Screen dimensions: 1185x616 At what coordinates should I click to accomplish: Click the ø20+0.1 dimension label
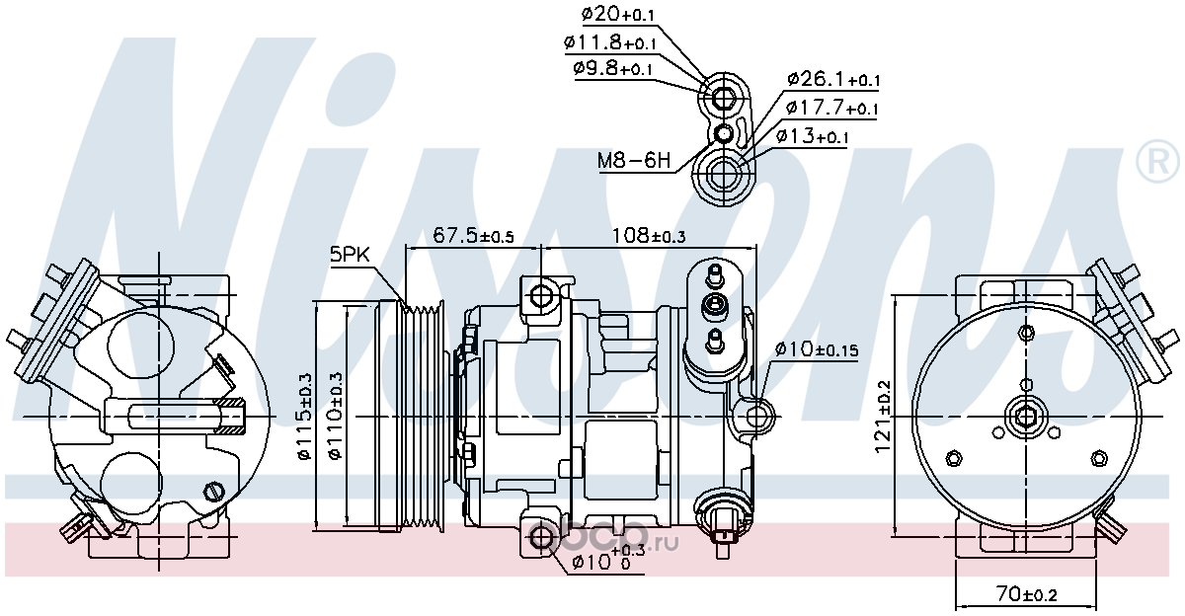pos(617,14)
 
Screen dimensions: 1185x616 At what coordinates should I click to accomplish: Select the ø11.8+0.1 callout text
pos(609,42)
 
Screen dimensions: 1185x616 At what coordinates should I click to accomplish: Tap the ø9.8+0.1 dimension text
pos(612,69)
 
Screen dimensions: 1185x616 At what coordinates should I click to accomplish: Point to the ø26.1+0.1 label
pos(833,80)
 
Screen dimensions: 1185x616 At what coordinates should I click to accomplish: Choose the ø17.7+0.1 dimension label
pos(831,108)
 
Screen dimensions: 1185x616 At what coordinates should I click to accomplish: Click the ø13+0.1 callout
pos(813,136)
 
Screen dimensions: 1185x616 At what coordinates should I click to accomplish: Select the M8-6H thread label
pos(634,160)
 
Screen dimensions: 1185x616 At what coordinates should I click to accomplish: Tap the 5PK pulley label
pos(350,255)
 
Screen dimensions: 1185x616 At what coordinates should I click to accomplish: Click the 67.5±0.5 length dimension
pos(473,235)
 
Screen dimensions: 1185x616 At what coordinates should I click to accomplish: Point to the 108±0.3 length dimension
pos(649,235)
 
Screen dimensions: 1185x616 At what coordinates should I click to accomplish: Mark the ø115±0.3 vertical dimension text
pos(305,417)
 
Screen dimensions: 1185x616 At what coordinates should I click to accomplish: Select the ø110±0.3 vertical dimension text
pos(336,417)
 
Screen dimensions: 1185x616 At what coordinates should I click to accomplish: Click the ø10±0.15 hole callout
pos(817,349)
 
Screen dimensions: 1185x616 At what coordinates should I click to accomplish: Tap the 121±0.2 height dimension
pos(883,418)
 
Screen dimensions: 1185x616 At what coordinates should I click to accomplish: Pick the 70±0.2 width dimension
pos(1027,594)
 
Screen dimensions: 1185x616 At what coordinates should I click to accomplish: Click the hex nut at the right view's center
pos(1026,418)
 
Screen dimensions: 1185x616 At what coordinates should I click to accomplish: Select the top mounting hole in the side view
pos(541,296)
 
